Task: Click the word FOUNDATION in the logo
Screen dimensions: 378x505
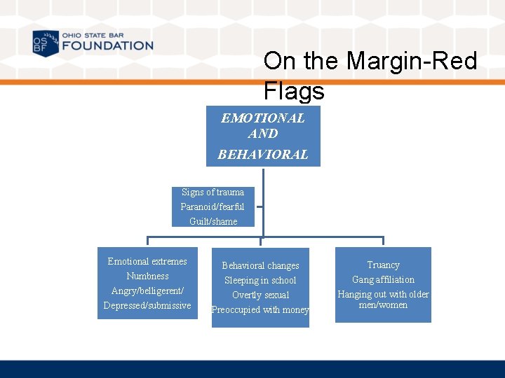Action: click(107, 46)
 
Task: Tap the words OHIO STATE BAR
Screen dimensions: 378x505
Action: click(93, 35)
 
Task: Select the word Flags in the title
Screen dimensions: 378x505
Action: click(294, 91)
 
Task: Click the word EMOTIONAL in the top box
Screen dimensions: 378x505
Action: click(263, 118)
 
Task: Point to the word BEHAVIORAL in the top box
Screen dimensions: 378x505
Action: click(263, 155)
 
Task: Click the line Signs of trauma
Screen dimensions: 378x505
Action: click(213, 192)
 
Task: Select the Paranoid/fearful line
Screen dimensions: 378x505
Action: click(213, 206)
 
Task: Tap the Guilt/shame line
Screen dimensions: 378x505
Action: click(213, 221)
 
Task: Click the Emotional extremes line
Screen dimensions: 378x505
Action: click(147, 261)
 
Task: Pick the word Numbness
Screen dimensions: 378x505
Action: click(147, 276)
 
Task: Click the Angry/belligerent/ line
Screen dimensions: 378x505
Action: click(147, 290)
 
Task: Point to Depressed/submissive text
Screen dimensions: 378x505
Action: click(147, 305)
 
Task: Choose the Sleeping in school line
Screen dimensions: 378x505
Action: click(260, 280)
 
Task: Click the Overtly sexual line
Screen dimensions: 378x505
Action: click(260, 295)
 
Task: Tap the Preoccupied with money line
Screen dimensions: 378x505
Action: click(260, 309)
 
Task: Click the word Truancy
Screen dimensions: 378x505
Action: click(383, 265)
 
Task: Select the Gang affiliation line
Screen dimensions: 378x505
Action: click(383, 279)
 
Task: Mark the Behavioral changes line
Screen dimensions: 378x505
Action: click(260, 265)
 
